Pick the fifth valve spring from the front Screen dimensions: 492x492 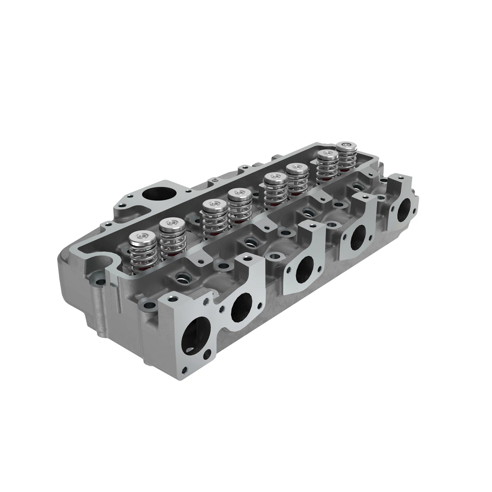coord(275,190)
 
